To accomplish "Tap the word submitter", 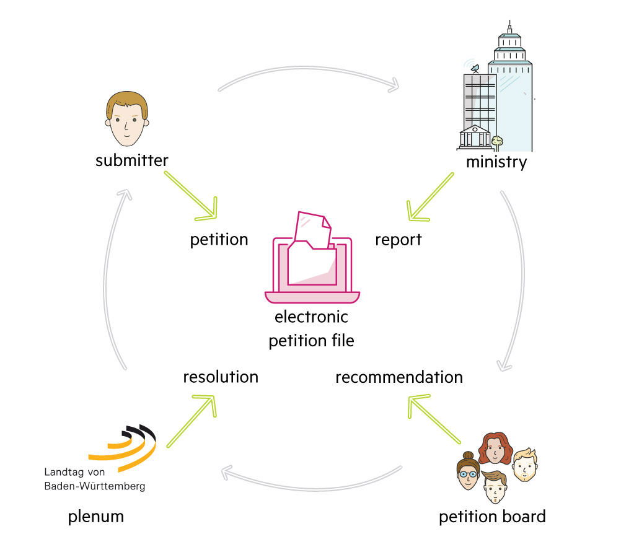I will pos(132,161).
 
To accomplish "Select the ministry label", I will pos(496,162).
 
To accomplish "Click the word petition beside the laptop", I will pos(219,240).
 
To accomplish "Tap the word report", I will pos(398,240).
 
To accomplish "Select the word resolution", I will pos(220,376).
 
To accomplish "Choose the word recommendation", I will pos(399,377).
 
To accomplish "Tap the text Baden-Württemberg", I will pos(95,486).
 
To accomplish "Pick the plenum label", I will pos(96,516).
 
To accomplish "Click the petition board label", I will pos(492,516).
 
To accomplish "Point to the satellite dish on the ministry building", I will pos(475,68).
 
